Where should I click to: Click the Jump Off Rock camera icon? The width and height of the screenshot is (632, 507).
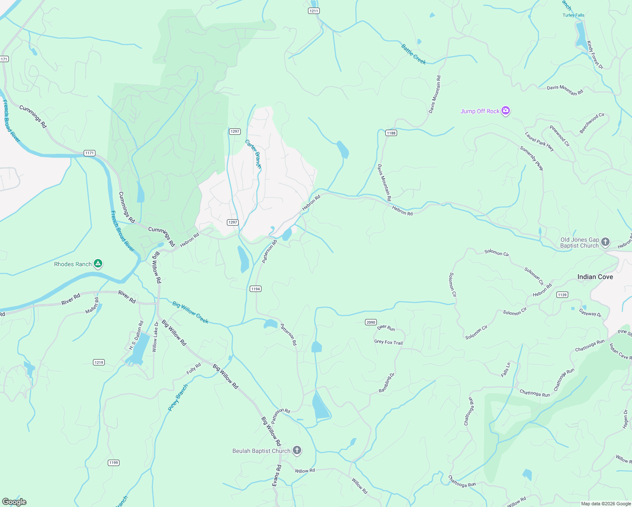click(x=506, y=111)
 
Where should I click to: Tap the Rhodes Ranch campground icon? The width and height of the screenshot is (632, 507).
click(x=98, y=264)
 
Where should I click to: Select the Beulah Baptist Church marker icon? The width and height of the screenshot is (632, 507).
click(x=297, y=451)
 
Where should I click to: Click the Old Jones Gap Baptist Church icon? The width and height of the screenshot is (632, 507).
click(x=605, y=242)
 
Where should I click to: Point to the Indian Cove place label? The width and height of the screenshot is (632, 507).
click(x=595, y=277)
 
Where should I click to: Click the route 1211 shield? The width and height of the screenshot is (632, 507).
click(x=313, y=11)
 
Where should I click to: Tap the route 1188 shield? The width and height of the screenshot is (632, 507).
click(x=391, y=133)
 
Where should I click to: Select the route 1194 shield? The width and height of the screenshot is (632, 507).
click(x=255, y=289)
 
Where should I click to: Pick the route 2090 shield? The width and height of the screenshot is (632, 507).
click(x=370, y=322)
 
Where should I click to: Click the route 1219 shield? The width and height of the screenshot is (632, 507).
click(x=98, y=363)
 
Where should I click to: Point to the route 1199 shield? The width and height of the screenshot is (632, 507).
click(x=113, y=463)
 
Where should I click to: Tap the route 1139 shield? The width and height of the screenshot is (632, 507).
click(x=562, y=295)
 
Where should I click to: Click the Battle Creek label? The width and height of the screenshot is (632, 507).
click(x=414, y=54)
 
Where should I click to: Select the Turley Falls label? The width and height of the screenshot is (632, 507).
click(x=573, y=15)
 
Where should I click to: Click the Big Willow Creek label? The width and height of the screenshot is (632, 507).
click(x=191, y=312)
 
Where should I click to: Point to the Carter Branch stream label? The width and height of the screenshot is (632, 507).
click(x=253, y=154)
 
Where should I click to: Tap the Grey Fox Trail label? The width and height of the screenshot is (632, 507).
click(x=388, y=342)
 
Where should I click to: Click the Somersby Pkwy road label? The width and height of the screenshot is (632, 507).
click(x=531, y=158)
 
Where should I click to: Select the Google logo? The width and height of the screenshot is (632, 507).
click(x=14, y=502)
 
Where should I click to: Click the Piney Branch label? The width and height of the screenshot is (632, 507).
click(x=178, y=398)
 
